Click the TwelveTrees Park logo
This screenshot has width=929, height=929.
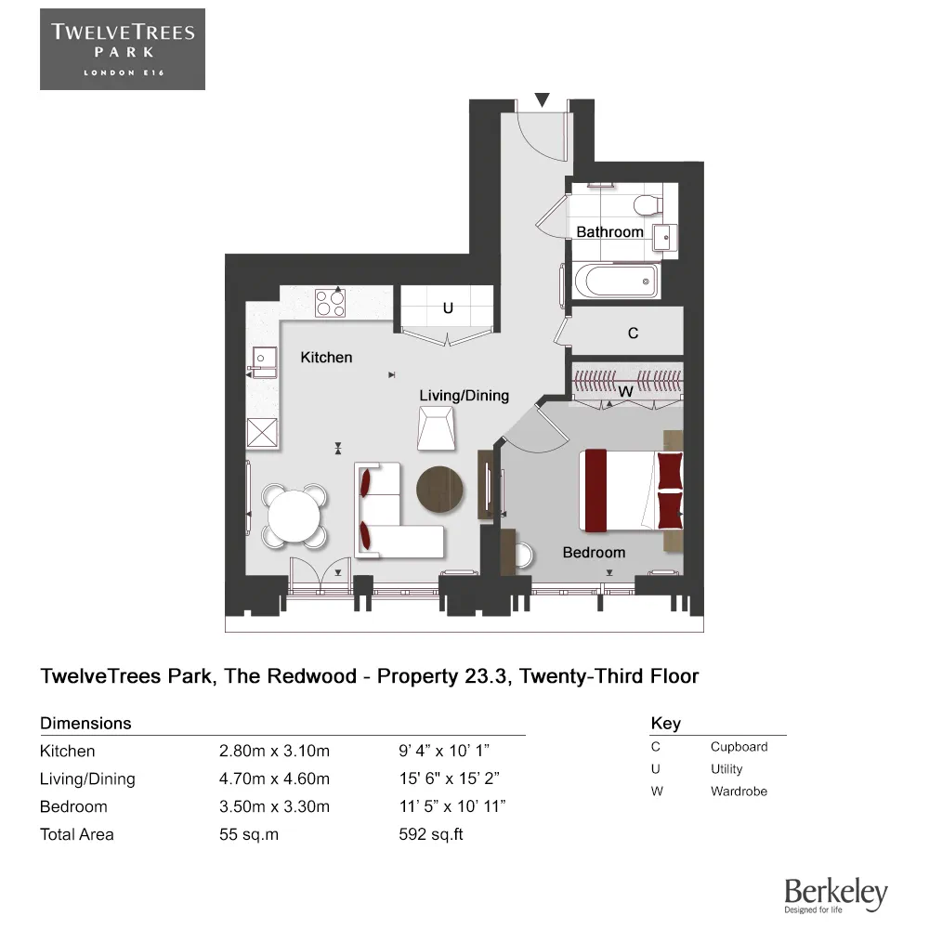point(123,49)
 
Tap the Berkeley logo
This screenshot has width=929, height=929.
point(836,896)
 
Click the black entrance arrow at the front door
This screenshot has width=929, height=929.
point(542,99)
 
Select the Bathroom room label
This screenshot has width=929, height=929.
point(609,231)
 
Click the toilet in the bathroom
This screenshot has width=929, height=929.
point(648,205)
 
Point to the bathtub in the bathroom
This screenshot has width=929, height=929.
point(616,281)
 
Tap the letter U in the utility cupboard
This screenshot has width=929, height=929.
point(448,308)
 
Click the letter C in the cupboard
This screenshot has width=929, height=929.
point(633,333)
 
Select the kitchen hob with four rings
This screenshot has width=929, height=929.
point(330,303)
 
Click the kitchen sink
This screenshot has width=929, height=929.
point(264,362)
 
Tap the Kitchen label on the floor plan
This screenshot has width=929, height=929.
point(326,358)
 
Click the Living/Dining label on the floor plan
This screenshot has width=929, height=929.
point(464,395)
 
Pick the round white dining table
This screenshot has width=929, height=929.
point(294,516)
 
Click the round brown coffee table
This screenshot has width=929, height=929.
point(439,490)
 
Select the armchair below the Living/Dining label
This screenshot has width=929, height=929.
point(437,429)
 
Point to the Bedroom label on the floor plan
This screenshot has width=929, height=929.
point(594,552)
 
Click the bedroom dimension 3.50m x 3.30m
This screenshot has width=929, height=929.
point(274,806)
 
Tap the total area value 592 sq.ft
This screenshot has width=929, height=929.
point(431,834)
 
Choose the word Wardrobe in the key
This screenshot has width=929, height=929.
point(739,791)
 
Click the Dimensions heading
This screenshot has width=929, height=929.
point(85,723)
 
